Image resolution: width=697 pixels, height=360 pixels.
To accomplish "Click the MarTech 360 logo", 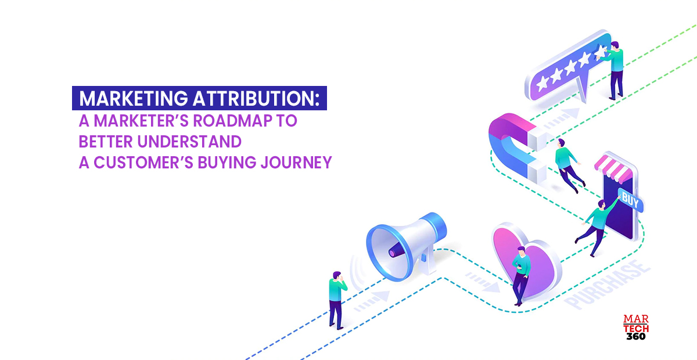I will (x=635, y=328).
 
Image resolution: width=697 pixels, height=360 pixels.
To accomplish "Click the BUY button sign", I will (x=630, y=201).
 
